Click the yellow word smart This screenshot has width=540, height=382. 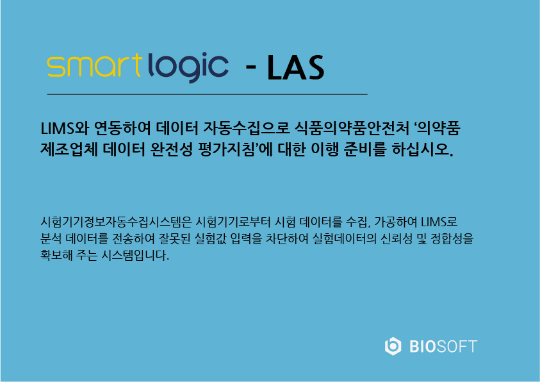tap(94, 65)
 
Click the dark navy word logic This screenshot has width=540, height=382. tap(188, 67)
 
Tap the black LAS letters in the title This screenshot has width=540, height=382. tap(295, 68)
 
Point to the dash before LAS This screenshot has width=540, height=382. tap(251, 67)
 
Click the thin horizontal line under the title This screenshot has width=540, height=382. tap(208, 94)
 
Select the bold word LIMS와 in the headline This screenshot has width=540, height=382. tap(65, 128)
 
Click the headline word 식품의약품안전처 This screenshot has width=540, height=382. tap(351, 128)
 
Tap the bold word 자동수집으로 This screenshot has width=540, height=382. tap(246, 128)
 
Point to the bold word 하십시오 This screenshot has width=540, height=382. tap(423, 149)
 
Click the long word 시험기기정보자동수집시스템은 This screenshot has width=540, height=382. tap(116, 222)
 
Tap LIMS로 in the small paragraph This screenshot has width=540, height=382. tap(439, 222)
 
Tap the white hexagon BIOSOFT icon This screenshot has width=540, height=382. tap(393, 346)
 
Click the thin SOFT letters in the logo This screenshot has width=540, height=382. tap(457, 347)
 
